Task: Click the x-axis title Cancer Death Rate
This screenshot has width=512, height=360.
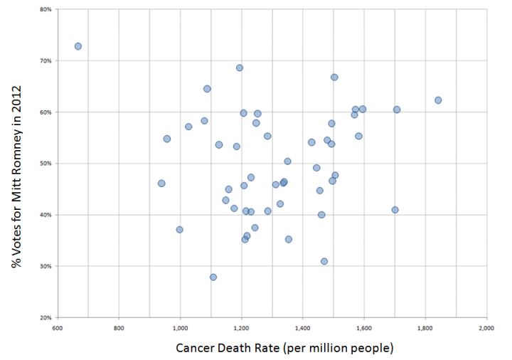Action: pyautogui.click(x=284, y=348)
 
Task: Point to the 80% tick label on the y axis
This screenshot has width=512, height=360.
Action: pyautogui.click(x=45, y=10)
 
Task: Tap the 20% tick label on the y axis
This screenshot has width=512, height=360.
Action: pyautogui.click(x=45, y=317)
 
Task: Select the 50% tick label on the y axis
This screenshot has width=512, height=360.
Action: pyautogui.click(x=45, y=164)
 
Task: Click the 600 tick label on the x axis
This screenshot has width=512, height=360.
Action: pyautogui.click(x=58, y=328)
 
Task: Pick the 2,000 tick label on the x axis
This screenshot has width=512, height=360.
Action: pyautogui.click(x=486, y=328)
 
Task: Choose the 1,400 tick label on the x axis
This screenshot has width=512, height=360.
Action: pyautogui.click(x=302, y=328)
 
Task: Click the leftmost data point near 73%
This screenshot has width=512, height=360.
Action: pyautogui.click(x=78, y=46)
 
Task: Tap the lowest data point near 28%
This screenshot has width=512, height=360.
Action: pyautogui.click(x=213, y=277)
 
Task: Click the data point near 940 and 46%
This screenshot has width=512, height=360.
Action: pyautogui.click(x=161, y=184)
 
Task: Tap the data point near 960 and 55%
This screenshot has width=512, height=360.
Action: pyautogui.click(x=167, y=139)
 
